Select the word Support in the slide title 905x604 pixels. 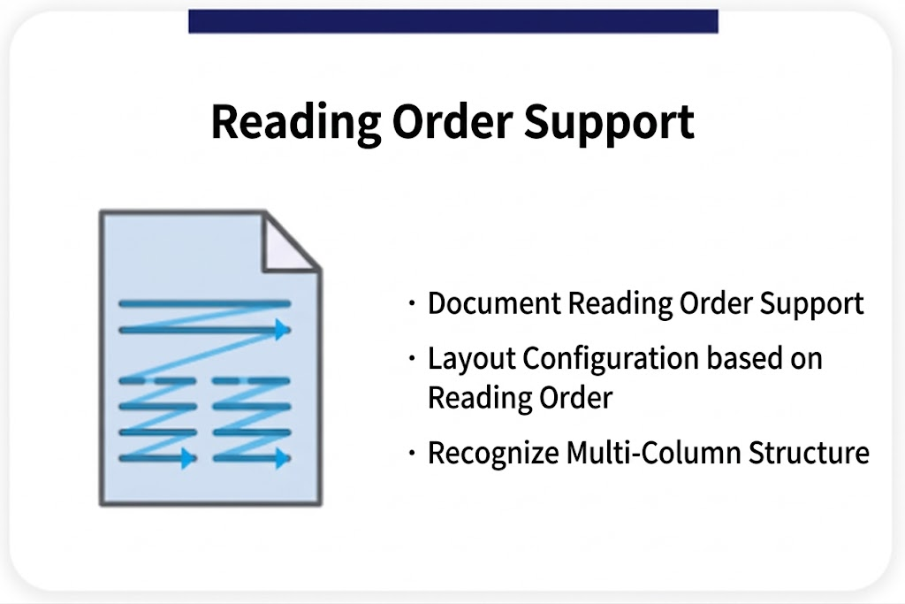[610, 122]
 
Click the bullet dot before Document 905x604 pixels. [412, 304]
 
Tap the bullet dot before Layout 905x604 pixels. [412, 360]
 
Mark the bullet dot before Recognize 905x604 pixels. [412, 454]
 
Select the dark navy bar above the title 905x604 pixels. [452, 21]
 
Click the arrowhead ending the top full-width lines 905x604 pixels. [282, 330]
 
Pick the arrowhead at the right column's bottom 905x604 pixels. [282, 458]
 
